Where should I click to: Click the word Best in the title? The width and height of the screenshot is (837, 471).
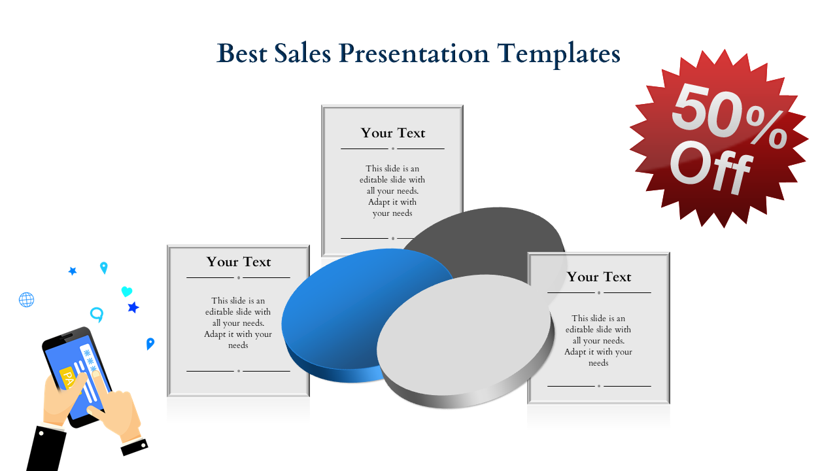pyautogui.click(x=242, y=53)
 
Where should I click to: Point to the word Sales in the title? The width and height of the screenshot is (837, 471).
pyautogui.click(x=303, y=53)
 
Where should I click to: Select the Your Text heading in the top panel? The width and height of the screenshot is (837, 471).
pyautogui.click(x=393, y=133)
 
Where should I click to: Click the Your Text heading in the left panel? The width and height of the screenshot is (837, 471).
pyautogui.click(x=239, y=262)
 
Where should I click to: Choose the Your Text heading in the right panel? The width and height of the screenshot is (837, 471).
pyautogui.click(x=599, y=277)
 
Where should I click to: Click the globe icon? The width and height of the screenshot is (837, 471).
pyautogui.click(x=27, y=300)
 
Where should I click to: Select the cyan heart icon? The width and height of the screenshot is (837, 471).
pyautogui.click(x=127, y=291)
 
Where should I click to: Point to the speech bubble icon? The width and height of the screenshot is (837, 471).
pyautogui.click(x=97, y=315)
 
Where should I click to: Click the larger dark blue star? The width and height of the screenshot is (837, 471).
pyautogui.click(x=133, y=307)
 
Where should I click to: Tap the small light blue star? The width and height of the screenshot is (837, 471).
pyautogui.click(x=73, y=271)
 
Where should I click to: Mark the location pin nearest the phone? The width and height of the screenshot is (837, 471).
pyautogui.click(x=150, y=343)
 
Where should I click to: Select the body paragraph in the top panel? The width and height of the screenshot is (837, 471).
pyautogui.click(x=392, y=190)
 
